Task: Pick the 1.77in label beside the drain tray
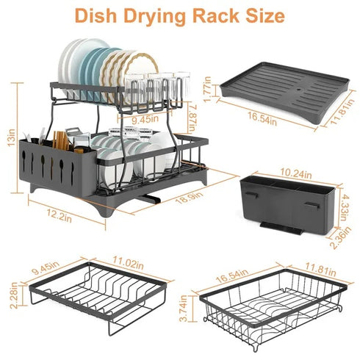pos(208,90)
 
